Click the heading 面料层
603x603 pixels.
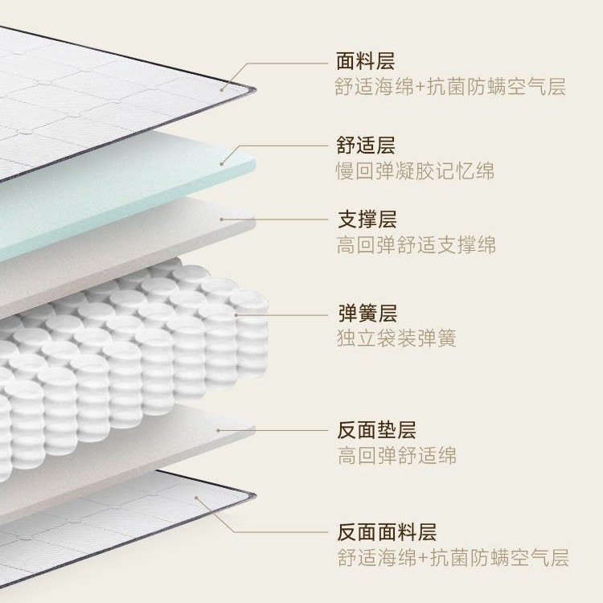tap(365, 61)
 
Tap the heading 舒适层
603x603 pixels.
tap(365, 146)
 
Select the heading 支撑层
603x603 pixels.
tap(365, 219)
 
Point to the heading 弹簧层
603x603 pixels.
tap(365, 313)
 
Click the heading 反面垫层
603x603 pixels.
tap(375, 430)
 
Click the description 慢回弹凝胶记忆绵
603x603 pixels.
tap(415, 171)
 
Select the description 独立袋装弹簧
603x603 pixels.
tap(396, 338)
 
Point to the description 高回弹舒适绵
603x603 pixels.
tap(396, 456)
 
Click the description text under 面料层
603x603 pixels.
tap(450, 87)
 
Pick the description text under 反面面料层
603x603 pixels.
tap(452, 558)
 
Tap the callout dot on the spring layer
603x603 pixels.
tap(236, 314)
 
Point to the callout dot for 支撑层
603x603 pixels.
tap(222, 219)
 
